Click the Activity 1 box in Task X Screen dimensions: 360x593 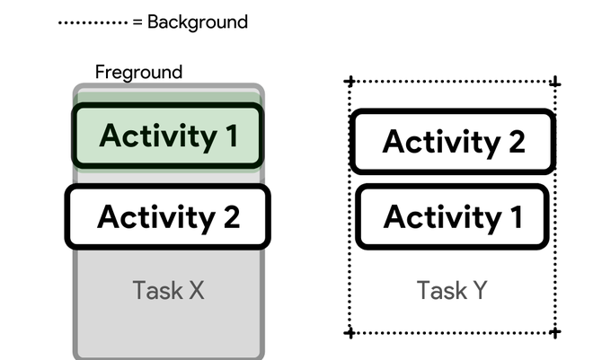pos(167,136)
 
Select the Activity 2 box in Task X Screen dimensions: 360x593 pos(167,216)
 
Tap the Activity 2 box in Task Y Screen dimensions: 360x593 pos(451,141)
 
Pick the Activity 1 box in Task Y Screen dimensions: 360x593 pos(452,216)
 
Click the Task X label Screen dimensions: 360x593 pos(169,290)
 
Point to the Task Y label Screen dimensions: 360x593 pos(452,290)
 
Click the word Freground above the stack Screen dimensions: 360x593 pos(138,72)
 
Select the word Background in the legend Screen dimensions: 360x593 pos(197,22)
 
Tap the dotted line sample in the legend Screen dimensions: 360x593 pos(93,22)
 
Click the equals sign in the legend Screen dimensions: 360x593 pos(137,22)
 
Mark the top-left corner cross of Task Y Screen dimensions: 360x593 pos(350,82)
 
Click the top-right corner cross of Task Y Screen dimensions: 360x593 pos(554,83)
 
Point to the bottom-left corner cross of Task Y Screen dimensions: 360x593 pos(350,333)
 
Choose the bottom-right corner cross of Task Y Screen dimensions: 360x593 pos(554,333)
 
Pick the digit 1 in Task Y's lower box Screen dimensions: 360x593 pos(515,216)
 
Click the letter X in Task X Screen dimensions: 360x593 pos(197,290)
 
